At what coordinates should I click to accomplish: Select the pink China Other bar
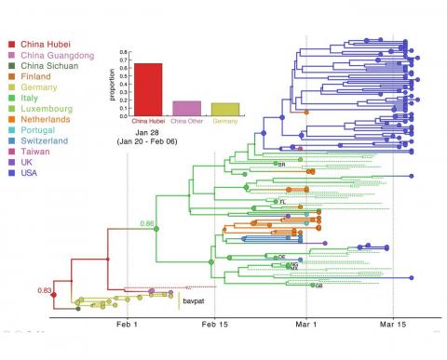pyautogui.click(x=187, y=107)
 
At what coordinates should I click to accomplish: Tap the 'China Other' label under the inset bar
pyautogui.click(x=187, y=121)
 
